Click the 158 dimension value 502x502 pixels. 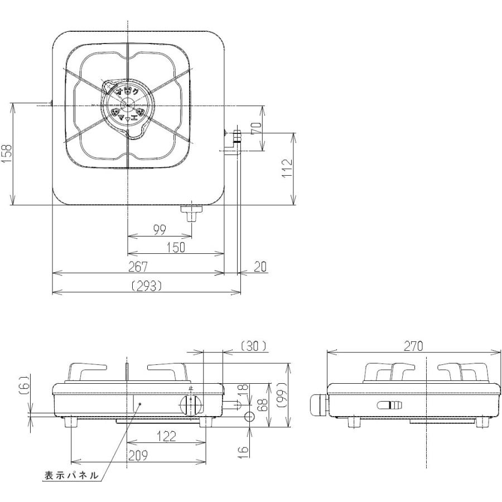[x=6, y=153]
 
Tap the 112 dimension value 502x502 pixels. [x=287, y=168]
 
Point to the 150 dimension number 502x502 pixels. [x=176, y=248]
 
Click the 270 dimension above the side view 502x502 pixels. [x=413, y=346]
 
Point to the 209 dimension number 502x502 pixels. [x=137, y=456]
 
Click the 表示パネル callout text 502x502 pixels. [x=71, y=475]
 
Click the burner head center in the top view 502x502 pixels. [x=128, y=104]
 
